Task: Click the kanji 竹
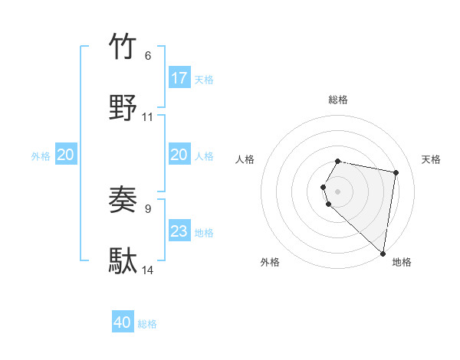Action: pyautogui.click(x=123, y=47)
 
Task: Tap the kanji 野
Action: pyautogui.click(x=123, y=108)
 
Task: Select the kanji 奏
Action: pyautogui.click(x=123, y=201)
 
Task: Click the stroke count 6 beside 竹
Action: pyautogui.click(x=148, y=56)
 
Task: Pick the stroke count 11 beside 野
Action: pyautogui.click(x=148, y=117)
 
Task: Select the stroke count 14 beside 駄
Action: pyautogui.click(x=148, y=270)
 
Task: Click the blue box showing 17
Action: pyautogui.click(x=179, y=78)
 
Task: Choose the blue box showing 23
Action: pyautogui.click(x=179, y=231)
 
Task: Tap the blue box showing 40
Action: pyautogui.click(x=123, y=322)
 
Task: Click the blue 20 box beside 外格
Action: pyautogui.click(x=66, y=155)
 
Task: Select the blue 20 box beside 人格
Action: pyautogui.click(x=179, y=155)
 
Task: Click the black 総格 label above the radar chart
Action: pyautogui.click(x=338, y=100)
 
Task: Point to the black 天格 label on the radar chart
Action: pyautogui.click(x=432, y=159)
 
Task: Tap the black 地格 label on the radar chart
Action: pyautogui.click(x=402, y=262)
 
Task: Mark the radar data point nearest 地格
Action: pyautogui.click(x=383, y=253)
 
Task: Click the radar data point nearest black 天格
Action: pyautogui.click(x=396, y=173)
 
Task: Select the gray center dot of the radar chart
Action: pyautogui.click(x=338, y=191)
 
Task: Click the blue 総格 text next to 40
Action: pyautogui.click(x=147, y=324)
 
